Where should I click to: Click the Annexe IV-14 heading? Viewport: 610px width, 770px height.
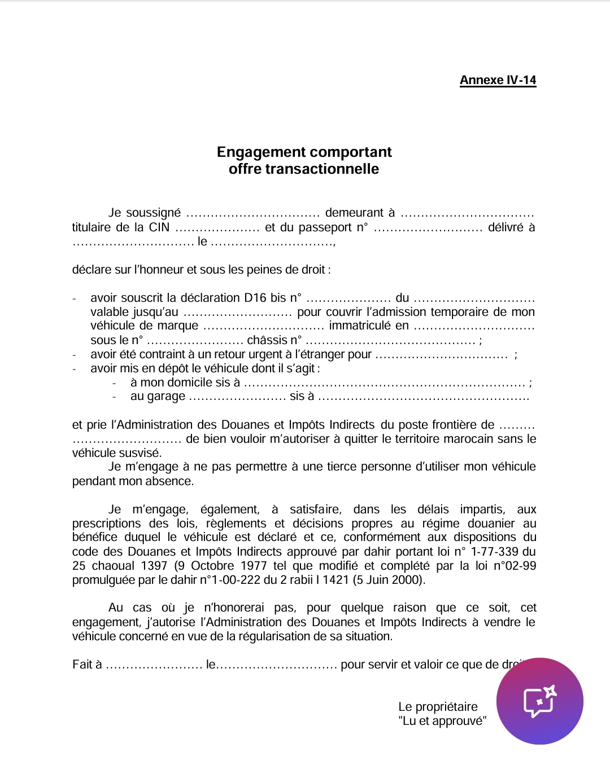pyautogui.click(x=498, y=80)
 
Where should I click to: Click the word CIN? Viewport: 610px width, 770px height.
pyautogui.click(x=159, y=227)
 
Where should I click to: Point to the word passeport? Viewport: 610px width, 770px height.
pyautogui.click(x=325, y=228)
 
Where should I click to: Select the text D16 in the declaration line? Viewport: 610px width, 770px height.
pyautogui.click(x=255, y=298)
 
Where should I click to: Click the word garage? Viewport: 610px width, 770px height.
pyautogui.click(x=166, y=397)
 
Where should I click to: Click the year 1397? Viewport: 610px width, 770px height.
pyautogui.click(x=154, y=566)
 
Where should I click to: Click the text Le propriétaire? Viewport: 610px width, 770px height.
pyautogui.click(x=438, y=707)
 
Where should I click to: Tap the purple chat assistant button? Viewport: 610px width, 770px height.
pyautogui.click(x=539, y=701)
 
